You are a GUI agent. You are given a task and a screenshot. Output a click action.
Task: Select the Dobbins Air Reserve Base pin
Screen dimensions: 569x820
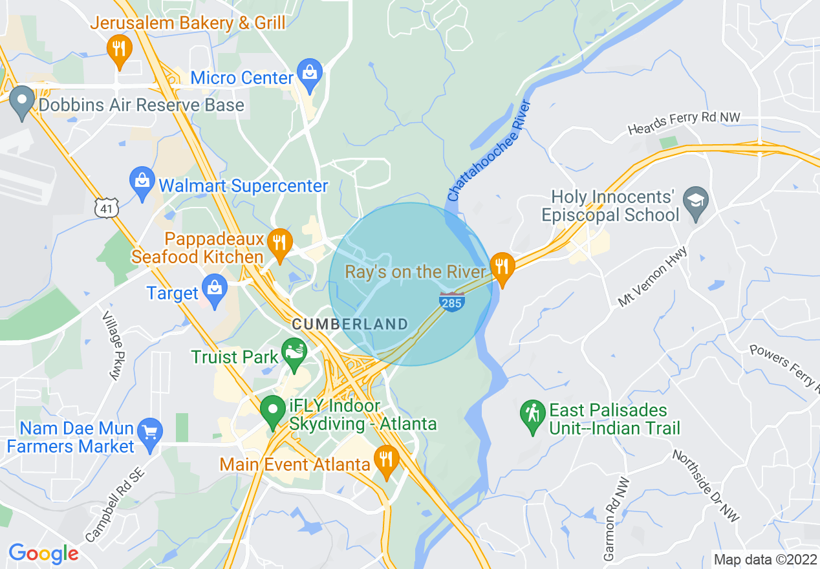(x=21, y=102)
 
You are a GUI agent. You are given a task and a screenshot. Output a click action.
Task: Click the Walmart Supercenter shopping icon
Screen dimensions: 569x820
(x=141, y=183)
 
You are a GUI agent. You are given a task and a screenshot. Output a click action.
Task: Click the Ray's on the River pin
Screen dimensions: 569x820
(x=501, y=267)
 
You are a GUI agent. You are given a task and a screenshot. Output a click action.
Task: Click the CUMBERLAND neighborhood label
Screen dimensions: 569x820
(x=350, y=324)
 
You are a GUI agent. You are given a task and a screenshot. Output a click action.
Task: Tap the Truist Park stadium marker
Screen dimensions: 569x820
(x=295, y=354)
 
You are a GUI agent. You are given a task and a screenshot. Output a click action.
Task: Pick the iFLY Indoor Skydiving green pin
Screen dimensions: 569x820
(x=273, y=410)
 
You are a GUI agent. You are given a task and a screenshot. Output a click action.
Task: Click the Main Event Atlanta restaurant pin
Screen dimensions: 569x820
(x=386, y=461)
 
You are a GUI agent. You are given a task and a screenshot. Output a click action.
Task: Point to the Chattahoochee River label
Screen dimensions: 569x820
(x=490, y=150)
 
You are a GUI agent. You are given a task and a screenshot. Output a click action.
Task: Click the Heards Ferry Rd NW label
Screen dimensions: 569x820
(x=684, y=123)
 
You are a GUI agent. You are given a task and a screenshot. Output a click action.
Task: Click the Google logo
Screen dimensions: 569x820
(x=43, y=553)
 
